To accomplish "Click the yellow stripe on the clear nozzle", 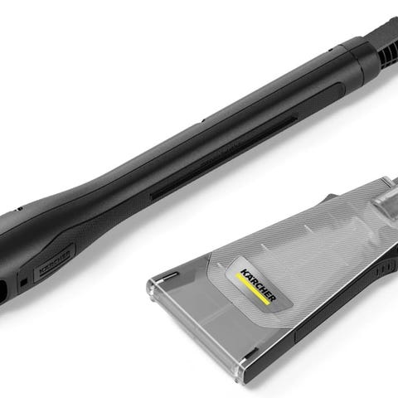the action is [x=252, y=289].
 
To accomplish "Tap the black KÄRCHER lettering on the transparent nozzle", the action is [x=259, y=285].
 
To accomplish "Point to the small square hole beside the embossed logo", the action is [x=24, y=282].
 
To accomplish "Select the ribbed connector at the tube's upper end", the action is [x=385, y=41].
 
